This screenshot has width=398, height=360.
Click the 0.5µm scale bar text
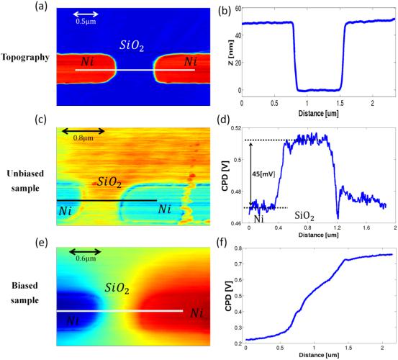pyautogui.click(x=86, y=22)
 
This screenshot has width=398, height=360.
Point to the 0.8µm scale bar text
pyautogui.click(x=83, y=138)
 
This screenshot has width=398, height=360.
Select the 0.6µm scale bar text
pyautogui.click(x=86, y=258)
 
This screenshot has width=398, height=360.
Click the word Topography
pyautogui.click(x=25, y=58)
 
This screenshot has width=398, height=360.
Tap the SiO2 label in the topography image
pyautogui.click(x=132, y=45)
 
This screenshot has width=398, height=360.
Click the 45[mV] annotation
pyautogui.click(x=264, y=174)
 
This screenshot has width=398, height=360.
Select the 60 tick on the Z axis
pyautogui.click(x=238, y=8)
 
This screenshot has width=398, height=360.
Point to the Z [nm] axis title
pyautogui.click(x=230, y=53)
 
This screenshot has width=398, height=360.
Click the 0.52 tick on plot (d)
pyautogui.click(x=235, y=128)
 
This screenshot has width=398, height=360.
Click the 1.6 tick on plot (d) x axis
pyautogui.click(x=366, y=228)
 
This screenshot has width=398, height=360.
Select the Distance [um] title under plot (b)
pyautogui.click(x=319, y=113)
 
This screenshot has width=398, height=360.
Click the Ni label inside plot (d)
pyautogui.click(x=258, y=219)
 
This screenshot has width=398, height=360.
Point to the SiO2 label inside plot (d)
pyautogui.click(x=304, y=216)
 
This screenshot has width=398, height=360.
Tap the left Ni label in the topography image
pyautogui.click(x=87, y=62)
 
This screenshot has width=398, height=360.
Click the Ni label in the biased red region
pyautogui.click(x=196, y=313)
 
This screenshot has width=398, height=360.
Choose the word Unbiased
pyautogui.click(x=25, y=174)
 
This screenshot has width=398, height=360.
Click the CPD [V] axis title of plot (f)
pyautogui.click(x=229, y=296)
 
